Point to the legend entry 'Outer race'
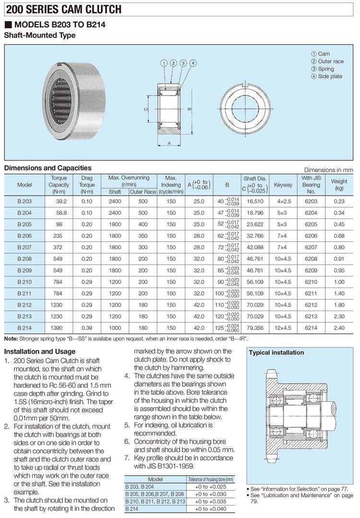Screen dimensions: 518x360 pyautogui.click(x=331, y=61)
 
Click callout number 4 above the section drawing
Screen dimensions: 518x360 pyautogui.click(x=192, y=63)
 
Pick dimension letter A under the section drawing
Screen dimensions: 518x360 pyautogui.click(x=170, y=143)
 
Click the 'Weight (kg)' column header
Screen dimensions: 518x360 pyautogui.click(x=339, y=184)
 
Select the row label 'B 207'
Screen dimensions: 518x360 pyautogui.click(x=24, y=247)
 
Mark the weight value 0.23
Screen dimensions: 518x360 pyautogui.click(x=339, y=202)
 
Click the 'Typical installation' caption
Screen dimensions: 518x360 pyautogui.click(x=276, y=352)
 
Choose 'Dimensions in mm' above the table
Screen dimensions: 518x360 pyautogui.click(x=328, y=170)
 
